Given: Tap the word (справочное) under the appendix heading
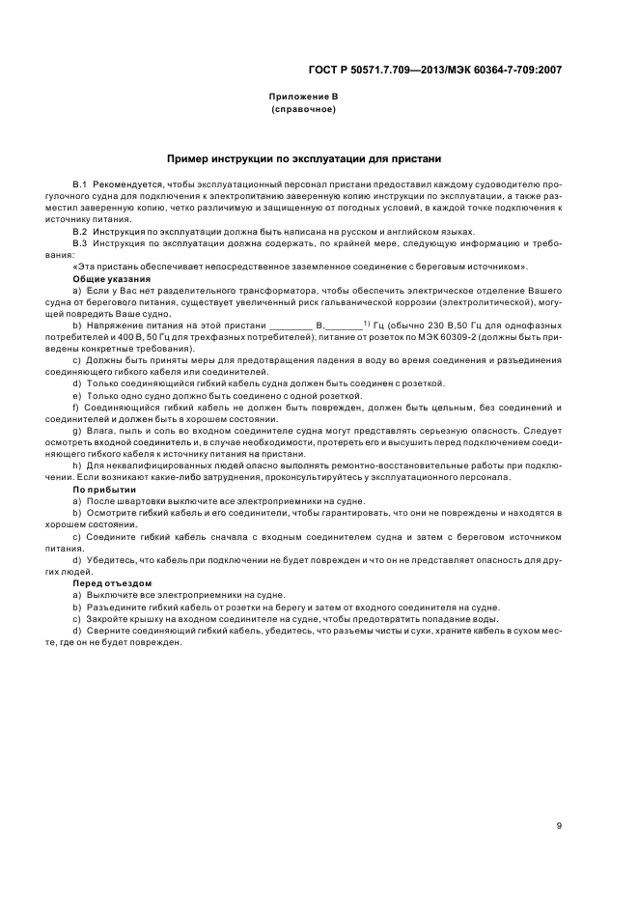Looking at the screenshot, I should click(303, 110).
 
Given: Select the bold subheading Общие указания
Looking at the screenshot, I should click(105, 278).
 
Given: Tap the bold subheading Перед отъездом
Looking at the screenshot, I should click(106, 583).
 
